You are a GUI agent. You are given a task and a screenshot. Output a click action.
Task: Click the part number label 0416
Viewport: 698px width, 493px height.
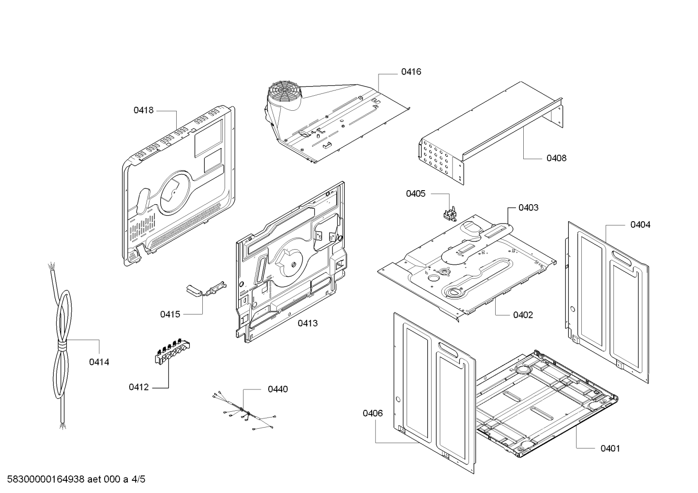click(x=411, y=72)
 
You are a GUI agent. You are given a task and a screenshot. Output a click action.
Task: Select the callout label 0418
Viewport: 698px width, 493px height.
click(x=143, y=110)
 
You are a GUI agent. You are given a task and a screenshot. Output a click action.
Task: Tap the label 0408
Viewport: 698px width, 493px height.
click(x=556, y=158)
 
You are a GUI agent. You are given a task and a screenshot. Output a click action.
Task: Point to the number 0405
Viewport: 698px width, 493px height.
click(x=415, y=194)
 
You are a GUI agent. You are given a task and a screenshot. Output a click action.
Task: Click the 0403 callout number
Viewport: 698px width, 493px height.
click(x=528, y=208)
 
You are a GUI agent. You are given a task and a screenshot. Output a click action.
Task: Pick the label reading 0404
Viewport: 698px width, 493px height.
click(x=640, y=225)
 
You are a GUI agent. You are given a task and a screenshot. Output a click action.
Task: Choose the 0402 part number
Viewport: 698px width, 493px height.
click(x=523, y=315)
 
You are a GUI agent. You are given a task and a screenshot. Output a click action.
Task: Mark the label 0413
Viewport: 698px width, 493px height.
click(x=307, y=324)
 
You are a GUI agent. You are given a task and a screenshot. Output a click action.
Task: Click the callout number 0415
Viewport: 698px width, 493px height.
click(x=170, y=314)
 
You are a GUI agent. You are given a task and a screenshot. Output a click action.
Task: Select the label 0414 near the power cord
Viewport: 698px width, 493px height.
click(x=99, y=362)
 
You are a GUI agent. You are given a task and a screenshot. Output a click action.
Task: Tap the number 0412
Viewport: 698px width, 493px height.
click(x=138, y=388)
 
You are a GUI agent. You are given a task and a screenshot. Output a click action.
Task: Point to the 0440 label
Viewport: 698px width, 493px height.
click(x=278, y=389)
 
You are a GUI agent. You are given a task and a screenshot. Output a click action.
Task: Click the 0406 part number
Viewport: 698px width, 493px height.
click(x=372, y=414)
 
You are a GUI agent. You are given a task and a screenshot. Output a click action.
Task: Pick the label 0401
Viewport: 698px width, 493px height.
click(x=610, y=449)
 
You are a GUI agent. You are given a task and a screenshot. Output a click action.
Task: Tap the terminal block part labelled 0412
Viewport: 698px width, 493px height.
click(x=172, y=352)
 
